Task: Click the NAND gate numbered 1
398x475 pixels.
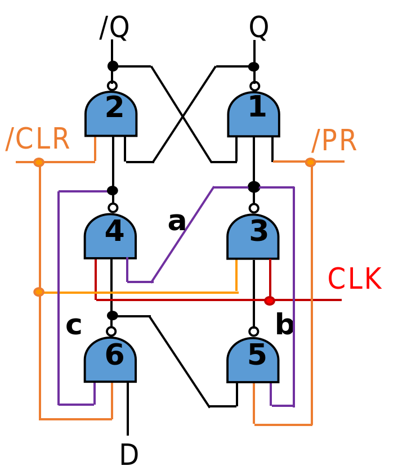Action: point(253,114)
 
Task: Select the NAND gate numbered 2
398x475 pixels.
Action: point(111,114)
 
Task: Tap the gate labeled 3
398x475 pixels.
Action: point(253,236)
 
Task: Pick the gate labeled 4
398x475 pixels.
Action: point(110,236)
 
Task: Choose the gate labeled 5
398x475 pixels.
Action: point(253,360)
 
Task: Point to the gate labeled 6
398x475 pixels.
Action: point(110,360)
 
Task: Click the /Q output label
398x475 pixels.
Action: point(114,28)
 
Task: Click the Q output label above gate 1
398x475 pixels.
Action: point(258,28)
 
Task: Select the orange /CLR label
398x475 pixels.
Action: point(37,140)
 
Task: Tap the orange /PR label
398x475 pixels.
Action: point(334,141)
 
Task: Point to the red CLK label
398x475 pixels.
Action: point(354,279)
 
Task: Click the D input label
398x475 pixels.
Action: point(129,455)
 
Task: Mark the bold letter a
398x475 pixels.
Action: point(177,221)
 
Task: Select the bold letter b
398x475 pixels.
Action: point(284,325)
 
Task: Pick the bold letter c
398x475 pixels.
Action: point(74,326)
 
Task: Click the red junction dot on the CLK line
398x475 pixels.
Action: point(270,301)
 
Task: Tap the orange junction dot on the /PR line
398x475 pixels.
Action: point(310,162)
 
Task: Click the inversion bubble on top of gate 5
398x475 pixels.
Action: point(254,331)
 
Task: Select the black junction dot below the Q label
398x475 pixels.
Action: point(254,66)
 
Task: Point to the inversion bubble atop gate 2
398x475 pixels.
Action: point(112,86)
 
